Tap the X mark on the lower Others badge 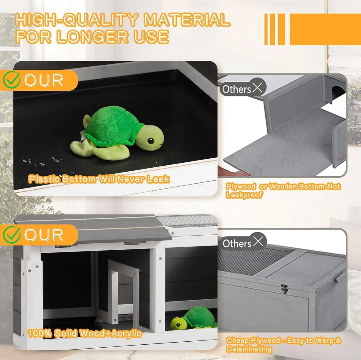(x=258, y=242)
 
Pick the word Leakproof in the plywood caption (x=244, y=195)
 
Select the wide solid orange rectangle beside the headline (x=326, y=29)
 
